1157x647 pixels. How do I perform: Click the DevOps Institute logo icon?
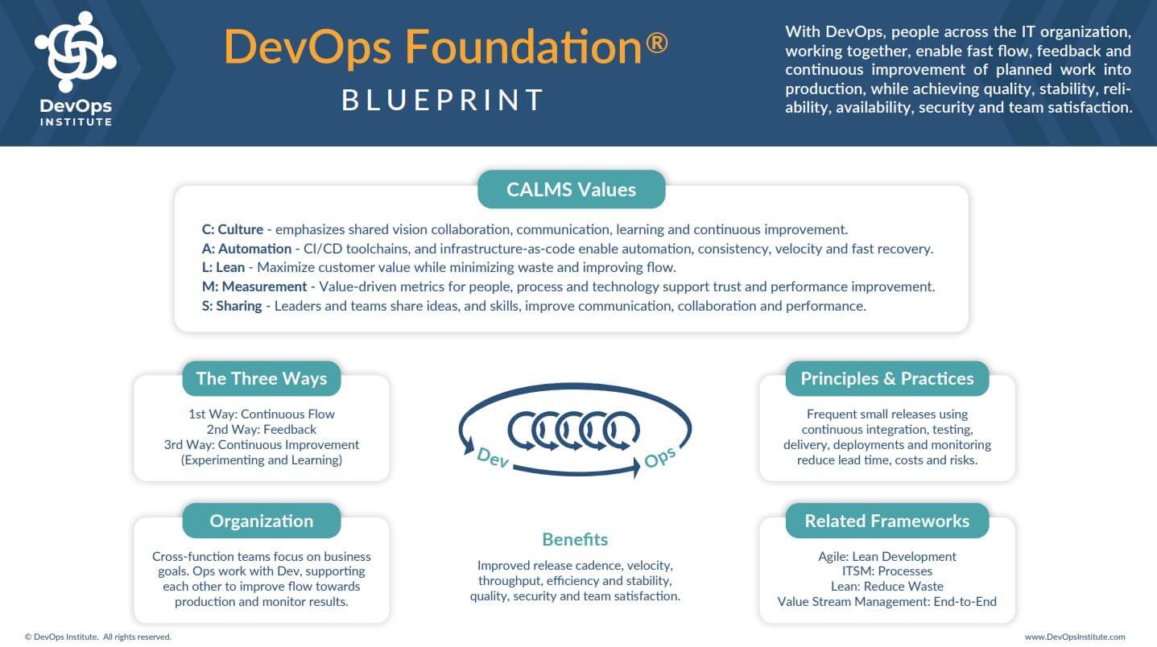point(76,52)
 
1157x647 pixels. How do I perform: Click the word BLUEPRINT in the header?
point(443,100)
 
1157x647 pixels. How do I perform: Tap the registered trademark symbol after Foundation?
point(656,43)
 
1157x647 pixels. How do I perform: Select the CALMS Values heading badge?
point(572,189)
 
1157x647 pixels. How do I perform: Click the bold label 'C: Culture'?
point(233,229)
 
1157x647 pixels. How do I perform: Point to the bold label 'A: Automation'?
point(246,249)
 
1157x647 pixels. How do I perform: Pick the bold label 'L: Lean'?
point(223,267)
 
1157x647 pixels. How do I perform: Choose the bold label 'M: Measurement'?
point(254,286)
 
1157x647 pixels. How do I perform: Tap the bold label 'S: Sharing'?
point(231,306)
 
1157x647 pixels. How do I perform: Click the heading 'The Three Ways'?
point(262,378)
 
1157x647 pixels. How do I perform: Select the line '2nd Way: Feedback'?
point(262,430)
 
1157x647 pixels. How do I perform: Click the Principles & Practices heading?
point(886,378)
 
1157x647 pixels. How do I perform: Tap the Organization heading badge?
point(262,521)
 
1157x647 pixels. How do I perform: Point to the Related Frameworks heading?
point(886,521)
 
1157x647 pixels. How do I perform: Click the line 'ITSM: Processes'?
point(886,571)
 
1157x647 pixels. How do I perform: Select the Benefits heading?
point(575,540)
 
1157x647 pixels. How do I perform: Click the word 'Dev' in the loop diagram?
point(493,458)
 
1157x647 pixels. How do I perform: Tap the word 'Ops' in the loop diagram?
point(660,457)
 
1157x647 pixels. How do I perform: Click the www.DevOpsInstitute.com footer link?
point(1075,637)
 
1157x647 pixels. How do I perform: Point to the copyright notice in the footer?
point(97,637)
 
